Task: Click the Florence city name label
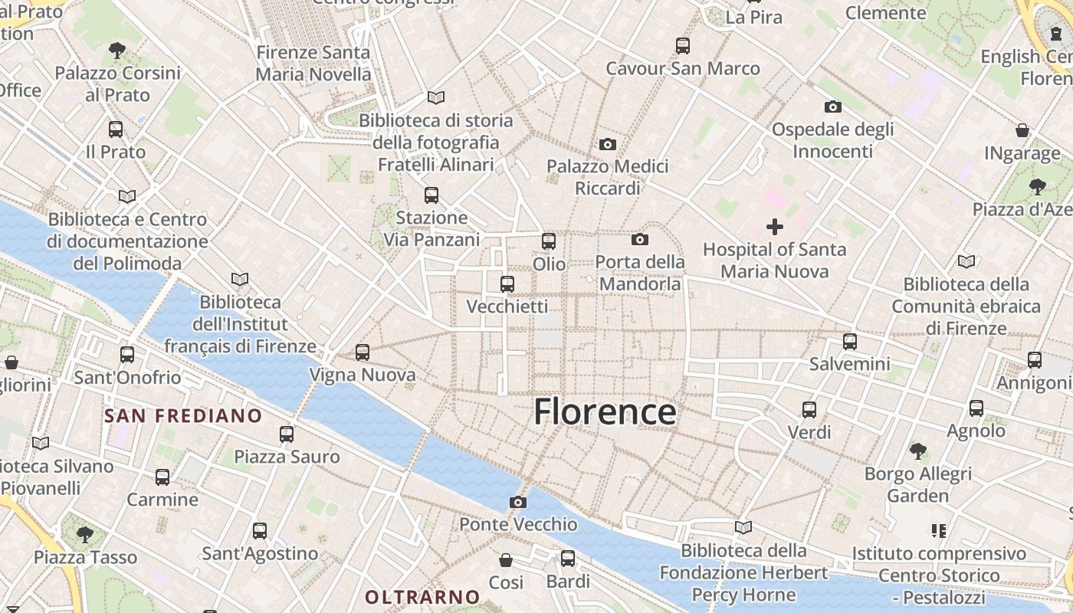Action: click(605, 412)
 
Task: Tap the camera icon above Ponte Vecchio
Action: click(518, 503)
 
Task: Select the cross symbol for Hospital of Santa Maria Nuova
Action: click(775, 227)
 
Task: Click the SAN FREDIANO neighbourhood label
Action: click(183, 416)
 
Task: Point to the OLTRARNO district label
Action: click(422, 597)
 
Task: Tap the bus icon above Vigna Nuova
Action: click(363, 352)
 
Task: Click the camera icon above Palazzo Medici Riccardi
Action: click(607, 144)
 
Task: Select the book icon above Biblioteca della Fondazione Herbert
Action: click(743, 527)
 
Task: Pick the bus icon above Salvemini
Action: click(849, 342)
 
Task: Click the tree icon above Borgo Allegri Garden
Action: click(917, 451)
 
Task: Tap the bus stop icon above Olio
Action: click(549, 241)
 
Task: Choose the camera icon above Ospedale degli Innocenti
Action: click(832, 107)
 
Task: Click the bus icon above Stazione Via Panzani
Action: click(431, 195)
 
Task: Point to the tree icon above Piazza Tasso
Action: click(85, 533)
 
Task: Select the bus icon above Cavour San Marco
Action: click(683, 46)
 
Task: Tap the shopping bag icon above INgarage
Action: click(1022, 130)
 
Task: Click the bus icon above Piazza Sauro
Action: click(287, 434)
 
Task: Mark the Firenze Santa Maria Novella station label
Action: click(313, 64)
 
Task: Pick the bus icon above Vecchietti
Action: click(507, 284)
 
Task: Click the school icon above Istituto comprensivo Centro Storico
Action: click(938, 530)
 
